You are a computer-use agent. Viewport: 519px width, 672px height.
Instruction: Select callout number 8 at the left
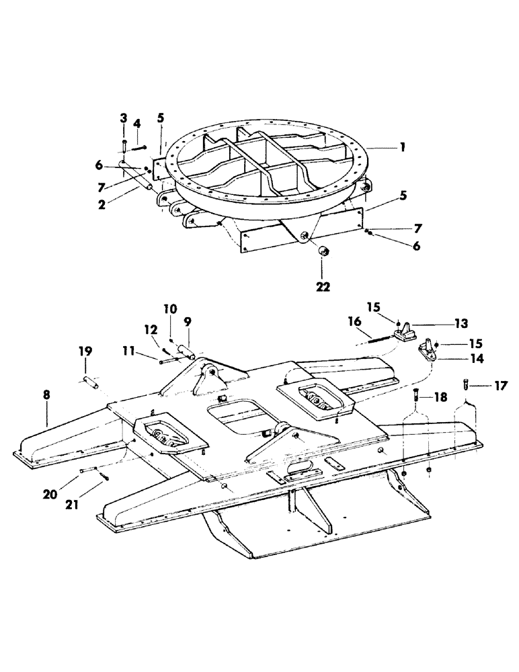[46, 395]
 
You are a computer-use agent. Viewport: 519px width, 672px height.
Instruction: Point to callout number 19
[85, 351]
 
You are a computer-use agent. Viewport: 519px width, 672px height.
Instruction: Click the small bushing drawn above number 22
[323, 252]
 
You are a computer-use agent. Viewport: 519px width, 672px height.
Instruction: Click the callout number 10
[169, 308]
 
